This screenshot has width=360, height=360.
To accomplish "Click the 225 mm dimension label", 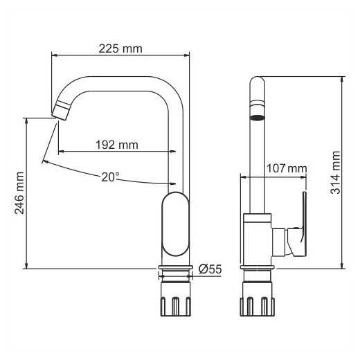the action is pos(120,48).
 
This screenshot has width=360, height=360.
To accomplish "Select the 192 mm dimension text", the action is pos(117,145).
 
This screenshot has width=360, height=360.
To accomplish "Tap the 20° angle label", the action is pos(110,177).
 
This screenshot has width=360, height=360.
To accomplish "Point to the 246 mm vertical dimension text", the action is pos(19,193).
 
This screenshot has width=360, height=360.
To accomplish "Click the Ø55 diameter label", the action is pos(210,269).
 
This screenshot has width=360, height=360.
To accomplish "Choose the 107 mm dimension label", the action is pos(287,168).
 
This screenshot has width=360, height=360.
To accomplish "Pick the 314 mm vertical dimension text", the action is pos(336,172).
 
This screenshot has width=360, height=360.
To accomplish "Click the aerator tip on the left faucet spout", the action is pos(60,110).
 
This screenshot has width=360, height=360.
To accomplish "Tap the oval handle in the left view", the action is pos(175,224).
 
